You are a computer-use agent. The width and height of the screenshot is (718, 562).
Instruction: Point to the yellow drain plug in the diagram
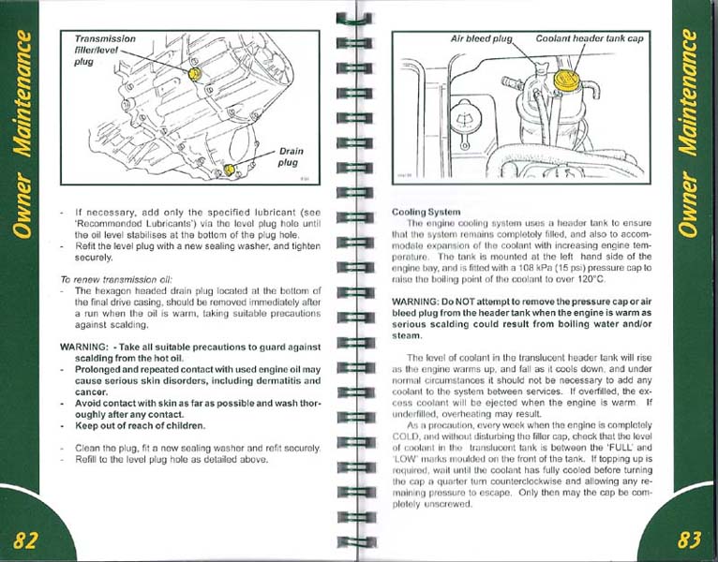coord(230,170)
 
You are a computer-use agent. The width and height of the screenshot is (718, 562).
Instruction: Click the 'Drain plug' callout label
coord(289,156)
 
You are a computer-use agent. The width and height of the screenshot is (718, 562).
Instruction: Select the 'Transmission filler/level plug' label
coord(104,51)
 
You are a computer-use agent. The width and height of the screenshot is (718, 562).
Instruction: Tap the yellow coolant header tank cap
coord(564,79)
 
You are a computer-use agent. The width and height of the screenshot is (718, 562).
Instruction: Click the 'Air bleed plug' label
coord(482,40)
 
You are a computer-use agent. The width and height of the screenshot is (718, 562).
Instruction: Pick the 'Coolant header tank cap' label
coord(590,40)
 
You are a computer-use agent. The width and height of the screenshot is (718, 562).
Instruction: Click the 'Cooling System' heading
coord(426,212)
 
